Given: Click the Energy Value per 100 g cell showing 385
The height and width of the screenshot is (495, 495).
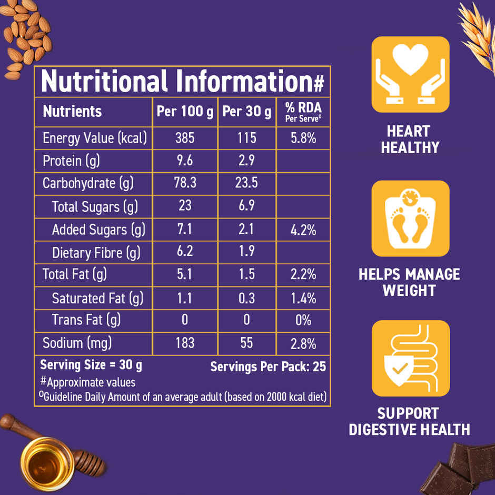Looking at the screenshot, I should (x=185, y=138).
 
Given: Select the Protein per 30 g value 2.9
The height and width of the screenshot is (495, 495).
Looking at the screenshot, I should (x=246, y=161).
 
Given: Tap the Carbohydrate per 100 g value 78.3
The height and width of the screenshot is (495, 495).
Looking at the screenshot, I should (x=185, y=183).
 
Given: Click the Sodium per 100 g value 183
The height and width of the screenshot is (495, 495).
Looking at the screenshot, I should (x=185, y=343).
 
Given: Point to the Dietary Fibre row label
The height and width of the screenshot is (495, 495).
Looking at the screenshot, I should (x=96, y=253).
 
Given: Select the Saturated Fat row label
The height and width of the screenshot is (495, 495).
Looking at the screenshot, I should (x=97, y=299).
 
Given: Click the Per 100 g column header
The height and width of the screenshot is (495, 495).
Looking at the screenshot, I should (x=185, y=112).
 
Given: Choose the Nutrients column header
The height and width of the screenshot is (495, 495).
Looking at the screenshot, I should (x=72, y=112).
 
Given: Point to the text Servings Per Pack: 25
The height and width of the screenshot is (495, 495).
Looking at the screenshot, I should (x=268, y=367).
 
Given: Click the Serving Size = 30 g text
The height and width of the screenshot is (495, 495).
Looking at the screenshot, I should (x=91, y=365).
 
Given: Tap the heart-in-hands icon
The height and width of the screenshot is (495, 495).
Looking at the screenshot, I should (x=411, y=74).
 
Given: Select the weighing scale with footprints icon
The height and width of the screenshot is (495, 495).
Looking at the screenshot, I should (x=411, y=219).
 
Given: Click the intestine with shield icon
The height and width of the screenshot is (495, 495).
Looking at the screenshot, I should (x=411, y=358).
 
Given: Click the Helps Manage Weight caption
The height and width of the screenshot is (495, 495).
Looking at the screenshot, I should (x=409, y=282).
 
